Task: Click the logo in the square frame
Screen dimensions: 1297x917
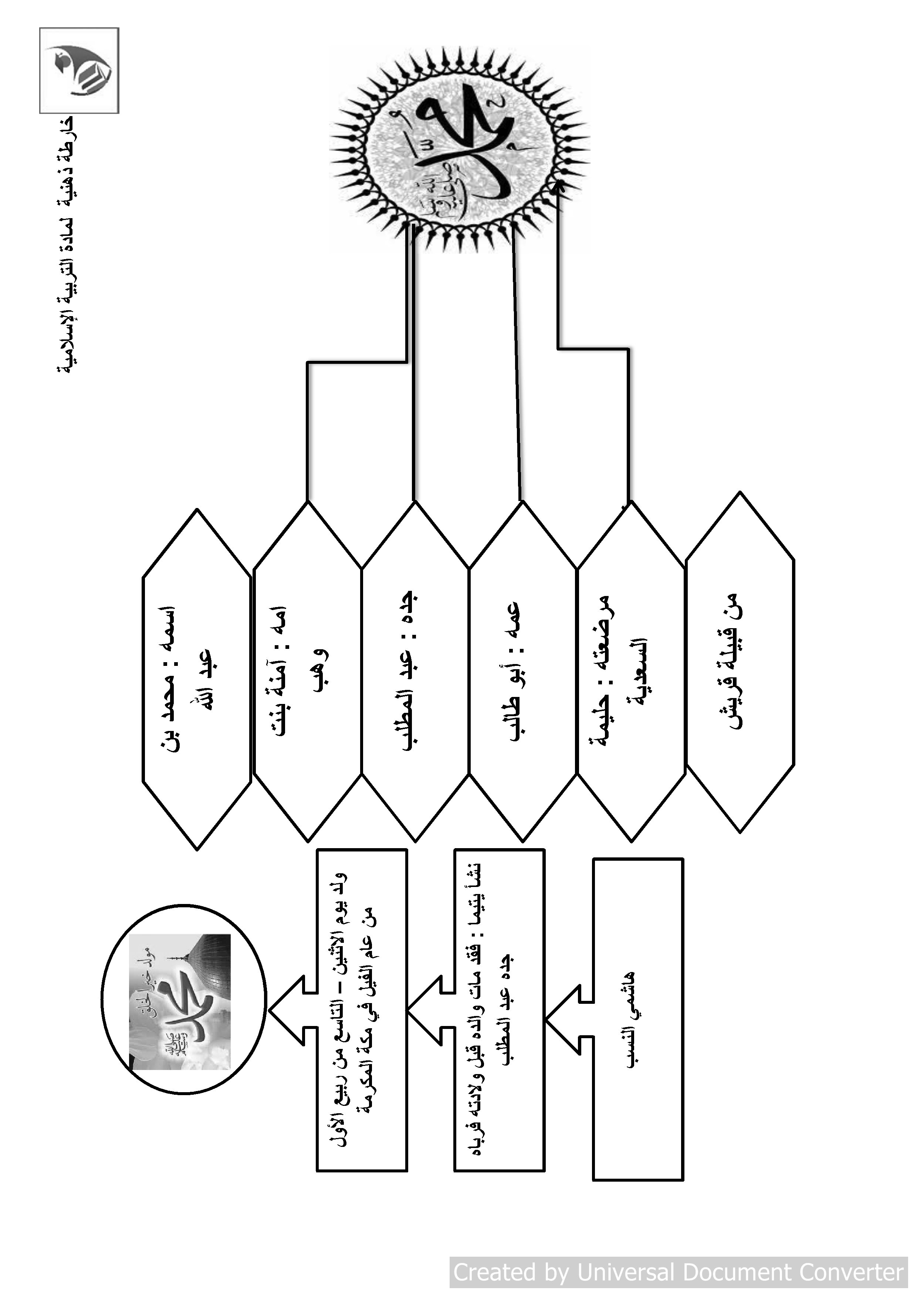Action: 79,71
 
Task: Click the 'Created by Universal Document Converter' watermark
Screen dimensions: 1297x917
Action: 678,1271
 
